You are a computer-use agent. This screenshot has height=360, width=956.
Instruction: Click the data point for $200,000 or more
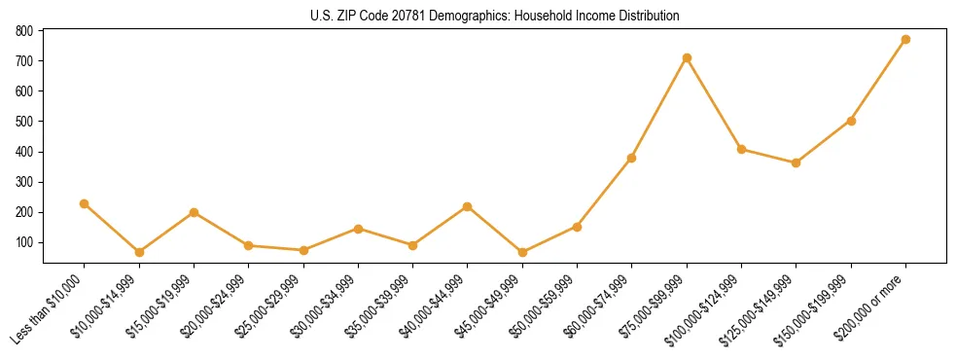point(905,40)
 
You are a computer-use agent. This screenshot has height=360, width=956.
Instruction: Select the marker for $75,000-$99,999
point(687,58)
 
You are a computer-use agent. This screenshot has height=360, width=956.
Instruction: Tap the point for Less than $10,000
point(85,203)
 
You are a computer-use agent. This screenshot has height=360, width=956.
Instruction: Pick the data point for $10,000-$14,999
point(139,252)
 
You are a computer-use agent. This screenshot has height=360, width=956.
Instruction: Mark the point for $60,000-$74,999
point(632,158)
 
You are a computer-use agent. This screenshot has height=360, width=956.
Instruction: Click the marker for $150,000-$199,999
point(851,121)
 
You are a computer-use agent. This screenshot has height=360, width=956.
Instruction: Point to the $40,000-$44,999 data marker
point(468,206)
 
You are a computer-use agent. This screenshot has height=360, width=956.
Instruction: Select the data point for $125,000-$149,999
point(797,162)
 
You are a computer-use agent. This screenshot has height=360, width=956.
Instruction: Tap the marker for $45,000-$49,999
point(522,252)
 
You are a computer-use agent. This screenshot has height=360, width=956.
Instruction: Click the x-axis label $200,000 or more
point(872,306)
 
